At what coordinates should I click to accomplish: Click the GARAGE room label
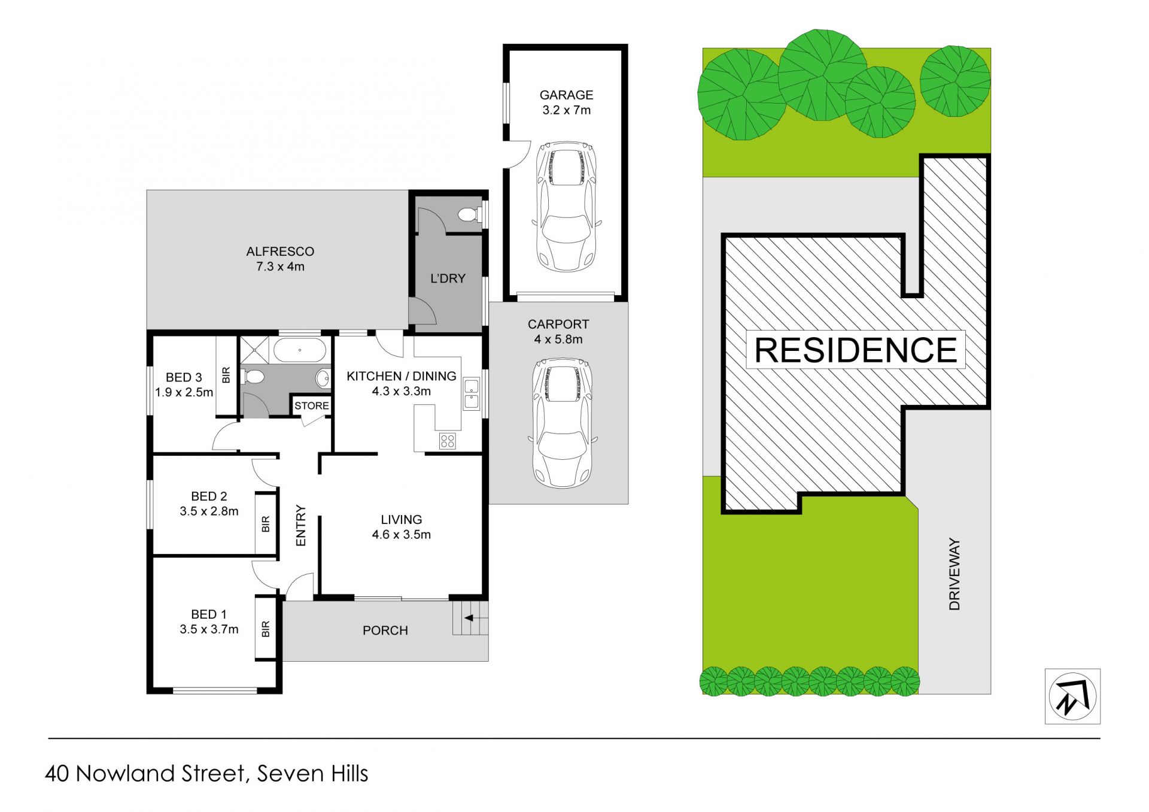(x=566, y=95)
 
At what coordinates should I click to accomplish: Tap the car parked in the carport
(x=562, y=423)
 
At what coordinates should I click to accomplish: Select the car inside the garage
(x=566, y=207)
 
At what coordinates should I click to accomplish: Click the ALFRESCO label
(x=280, y=252)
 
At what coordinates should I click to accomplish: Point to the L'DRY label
(x=448, y=278)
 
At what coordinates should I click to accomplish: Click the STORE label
(x=311, y=405)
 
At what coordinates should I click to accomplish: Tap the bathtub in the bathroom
(x=300, y=350)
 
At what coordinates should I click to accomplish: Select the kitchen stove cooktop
(x=448, y=441)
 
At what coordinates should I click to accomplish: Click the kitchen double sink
(x=472, y=393)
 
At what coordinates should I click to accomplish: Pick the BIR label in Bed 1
(x=266, y=629)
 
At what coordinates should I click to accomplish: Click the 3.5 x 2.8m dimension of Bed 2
(x=209, y=511)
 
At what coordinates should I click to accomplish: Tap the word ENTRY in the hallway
(x=301, y=525)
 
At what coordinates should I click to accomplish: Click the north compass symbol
(x=1072, y=696)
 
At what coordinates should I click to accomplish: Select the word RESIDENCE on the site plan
(x=856, y=350)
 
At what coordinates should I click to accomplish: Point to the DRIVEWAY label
(x=955, y=574)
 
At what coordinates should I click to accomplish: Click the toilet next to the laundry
(x=468, y=214)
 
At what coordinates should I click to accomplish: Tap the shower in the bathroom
(x=254, y=350)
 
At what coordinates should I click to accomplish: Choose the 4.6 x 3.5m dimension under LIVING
(x=401, y=535)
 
